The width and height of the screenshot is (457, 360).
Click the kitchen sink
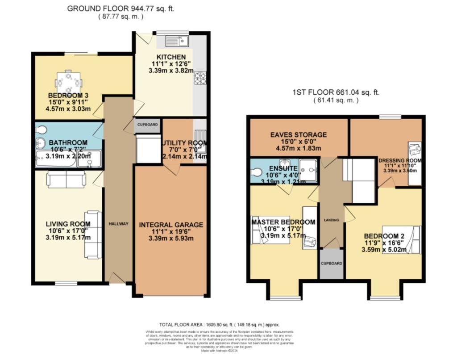click(x=178, y=42)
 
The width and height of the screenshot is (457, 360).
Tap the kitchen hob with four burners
click(x=199, y=79)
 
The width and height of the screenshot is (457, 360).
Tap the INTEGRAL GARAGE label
click(x=171, y=225)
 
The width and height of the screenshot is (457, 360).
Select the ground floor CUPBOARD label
click(x=147, y=125)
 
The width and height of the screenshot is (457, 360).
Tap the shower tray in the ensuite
click(x=308, y=169)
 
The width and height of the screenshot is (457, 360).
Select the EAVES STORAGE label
click(x=299, y=134)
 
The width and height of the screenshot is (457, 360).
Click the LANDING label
click(x=332, y=220)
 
